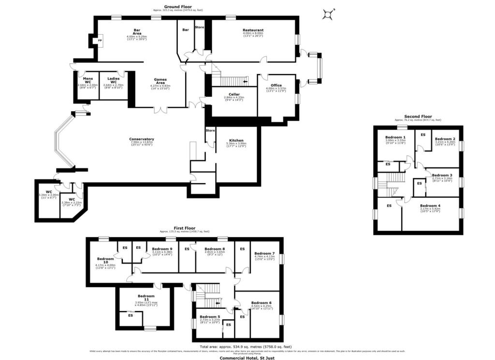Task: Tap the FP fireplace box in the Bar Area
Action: coord(100,41)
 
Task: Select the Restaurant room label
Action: coord(253,30)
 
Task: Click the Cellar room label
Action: coord(234,95)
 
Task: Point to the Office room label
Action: coord(276,86)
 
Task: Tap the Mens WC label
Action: coord(87,80)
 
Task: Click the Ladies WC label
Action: coord(114,80)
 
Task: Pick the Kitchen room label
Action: coord(235,141)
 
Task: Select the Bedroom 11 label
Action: coord(146,298)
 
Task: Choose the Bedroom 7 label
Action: coord(264,254)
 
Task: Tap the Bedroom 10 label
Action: coord(105,261)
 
